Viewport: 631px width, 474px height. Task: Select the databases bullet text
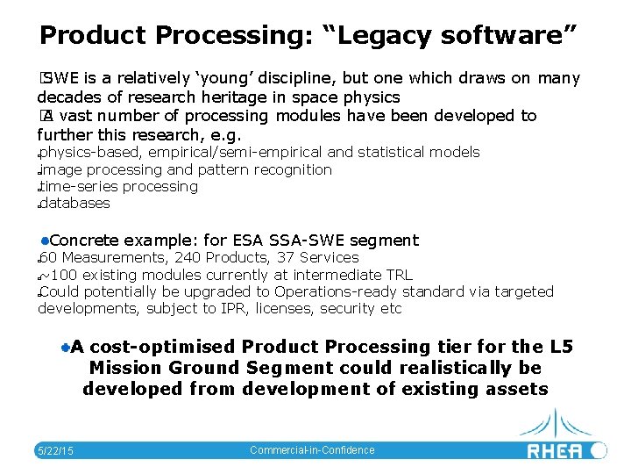coord(75,203)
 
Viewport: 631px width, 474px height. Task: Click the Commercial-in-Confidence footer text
coord(312,450)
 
